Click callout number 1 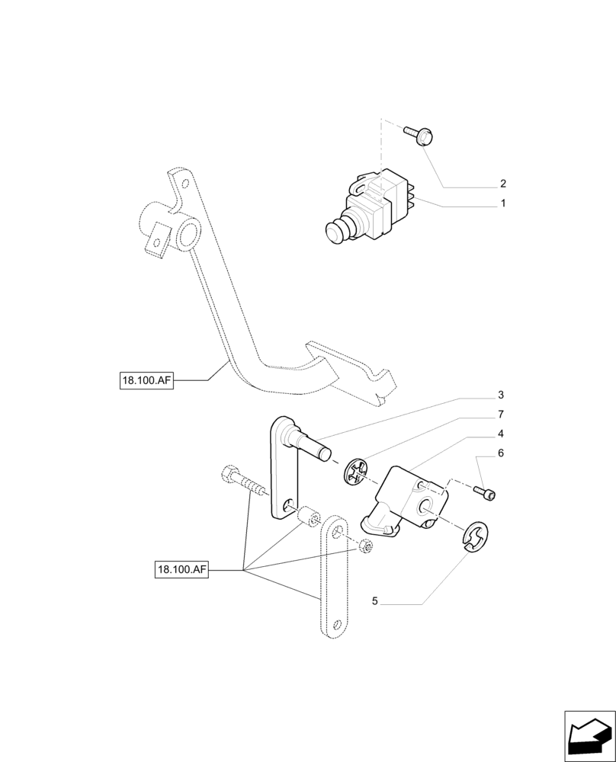click(503, 204)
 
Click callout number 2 click(503, 184)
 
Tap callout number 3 click(501, 395)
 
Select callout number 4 click(501, 434)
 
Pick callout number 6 click(501, 453)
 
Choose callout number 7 click(501, 415)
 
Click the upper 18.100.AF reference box click(146, 379)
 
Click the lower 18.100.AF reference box click(182, 569)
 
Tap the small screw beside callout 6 click(485, 491)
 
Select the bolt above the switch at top click(419, 135)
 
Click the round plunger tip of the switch click(333, 231)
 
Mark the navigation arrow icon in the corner click(589, 736)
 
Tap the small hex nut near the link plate click(365, 546)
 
